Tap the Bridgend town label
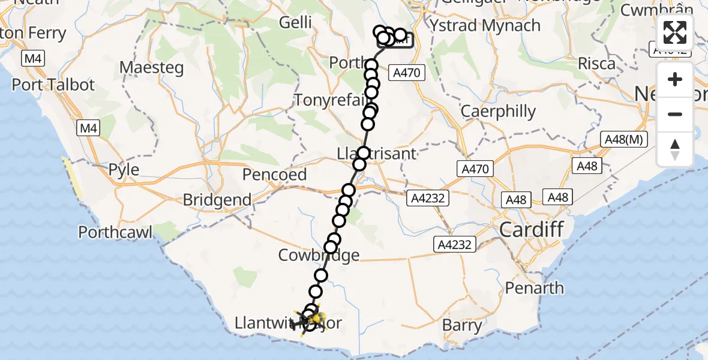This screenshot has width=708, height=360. point(217,200)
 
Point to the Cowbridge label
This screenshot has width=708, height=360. point(319,255)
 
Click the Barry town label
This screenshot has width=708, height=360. point(463,326)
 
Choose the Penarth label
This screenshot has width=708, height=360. point(534,288)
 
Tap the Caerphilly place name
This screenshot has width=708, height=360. point(498,111)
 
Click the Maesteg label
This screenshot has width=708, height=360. point(151,67)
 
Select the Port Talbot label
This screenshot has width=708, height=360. point(53,85)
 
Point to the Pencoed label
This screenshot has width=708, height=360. point(274,175)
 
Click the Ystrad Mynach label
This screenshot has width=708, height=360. point(485,26)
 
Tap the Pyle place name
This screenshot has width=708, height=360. point(124,170)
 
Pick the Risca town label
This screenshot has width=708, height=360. point(596,63)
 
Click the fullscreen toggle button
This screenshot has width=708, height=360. point(675,32)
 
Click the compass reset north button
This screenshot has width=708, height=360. point(675,149)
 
